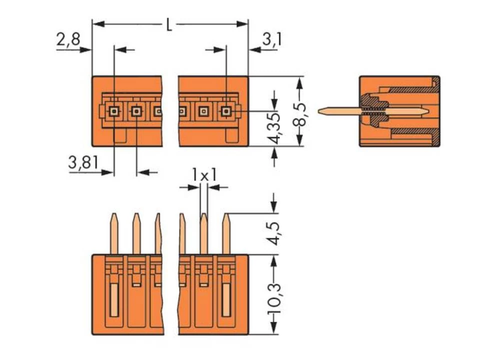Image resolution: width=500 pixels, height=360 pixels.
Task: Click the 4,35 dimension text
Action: (x=274, y=128)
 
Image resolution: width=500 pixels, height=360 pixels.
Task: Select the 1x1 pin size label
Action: (x=203, y=174)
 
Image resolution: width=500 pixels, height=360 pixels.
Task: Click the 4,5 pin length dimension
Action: (x=274, y=233)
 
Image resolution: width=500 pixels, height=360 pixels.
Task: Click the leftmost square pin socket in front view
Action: (x=114, y=111)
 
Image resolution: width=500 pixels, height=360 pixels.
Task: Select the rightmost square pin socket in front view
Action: (x=226, y=111)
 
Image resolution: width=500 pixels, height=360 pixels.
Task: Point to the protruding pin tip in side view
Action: (x=322, y=110)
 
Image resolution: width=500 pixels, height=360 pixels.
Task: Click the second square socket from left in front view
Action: (x=136, y=111)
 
